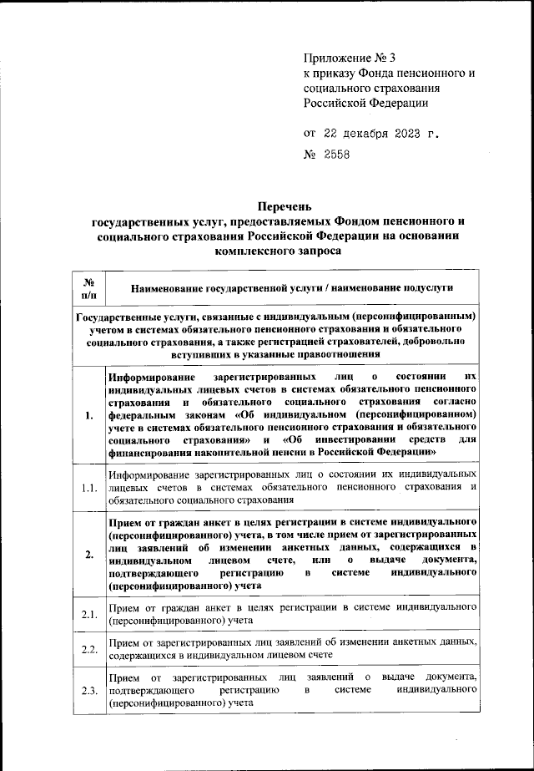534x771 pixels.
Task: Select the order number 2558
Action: tap(337, 155)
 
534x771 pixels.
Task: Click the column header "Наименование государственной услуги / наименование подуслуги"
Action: tap(292, 288)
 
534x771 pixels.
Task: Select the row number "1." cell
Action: tap(88, 414)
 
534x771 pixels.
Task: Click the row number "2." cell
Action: tap(88, 554)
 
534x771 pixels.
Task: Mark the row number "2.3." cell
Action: tap(88, 690)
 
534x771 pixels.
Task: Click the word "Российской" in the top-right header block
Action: tap(335, 104)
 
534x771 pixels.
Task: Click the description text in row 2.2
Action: tap(292, 649)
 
